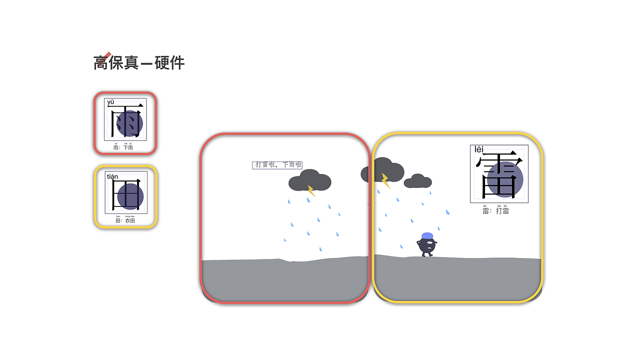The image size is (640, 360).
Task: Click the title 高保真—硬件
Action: (139, 63)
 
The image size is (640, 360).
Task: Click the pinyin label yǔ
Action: (110, 102)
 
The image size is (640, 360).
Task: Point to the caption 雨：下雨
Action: (123, 147)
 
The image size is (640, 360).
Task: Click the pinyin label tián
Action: (112, 176)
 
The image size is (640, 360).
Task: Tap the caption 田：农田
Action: (125, 220)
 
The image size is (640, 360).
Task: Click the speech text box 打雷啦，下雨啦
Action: (277, 165)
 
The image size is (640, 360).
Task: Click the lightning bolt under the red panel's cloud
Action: (310, 191)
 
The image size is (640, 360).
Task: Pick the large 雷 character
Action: (499, 175)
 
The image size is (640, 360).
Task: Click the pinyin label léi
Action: (479, 149)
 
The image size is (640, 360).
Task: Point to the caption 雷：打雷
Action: (496, 211)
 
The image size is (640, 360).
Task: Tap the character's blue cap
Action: (427, 235)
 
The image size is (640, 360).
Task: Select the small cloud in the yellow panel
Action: (417, 181)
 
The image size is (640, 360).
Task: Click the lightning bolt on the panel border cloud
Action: (385, 180)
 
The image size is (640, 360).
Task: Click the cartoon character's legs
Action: (426, 253)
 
